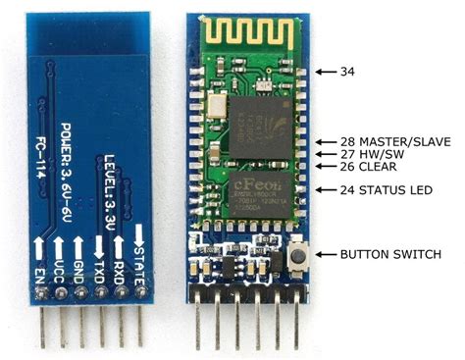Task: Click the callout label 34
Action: pos(347,72)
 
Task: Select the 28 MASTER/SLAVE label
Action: pos(395,142)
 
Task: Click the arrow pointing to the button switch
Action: pos(325,255)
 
